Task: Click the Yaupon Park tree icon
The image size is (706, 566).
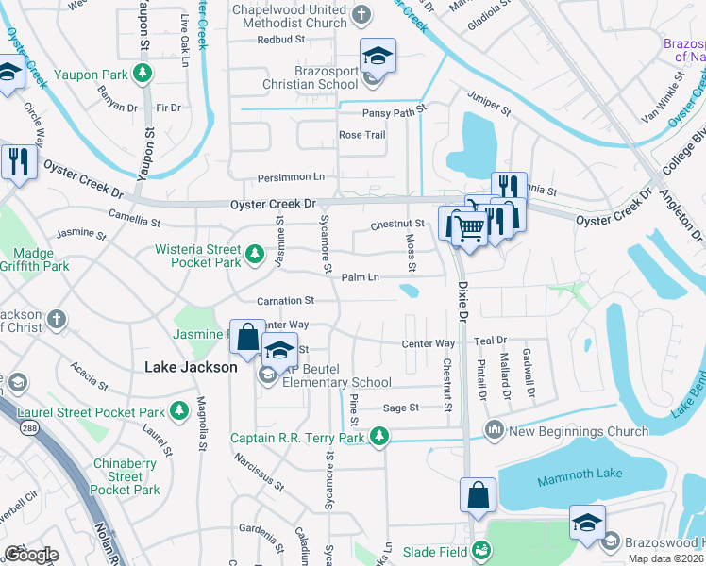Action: click(142, 72)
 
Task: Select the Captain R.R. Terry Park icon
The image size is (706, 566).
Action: click(378, 436)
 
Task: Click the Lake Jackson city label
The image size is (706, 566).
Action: click(190, 367)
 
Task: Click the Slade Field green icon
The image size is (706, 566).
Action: click(480, 549)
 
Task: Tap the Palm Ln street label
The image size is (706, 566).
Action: click(360, 277)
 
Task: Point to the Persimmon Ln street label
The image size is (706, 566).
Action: click(292, 176)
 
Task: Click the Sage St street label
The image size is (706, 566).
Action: click(400, 408)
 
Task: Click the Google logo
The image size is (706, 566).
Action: click(31, 555)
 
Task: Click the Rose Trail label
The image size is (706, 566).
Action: click(362, 135)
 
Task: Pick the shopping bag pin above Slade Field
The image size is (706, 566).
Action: click(478, 494)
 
